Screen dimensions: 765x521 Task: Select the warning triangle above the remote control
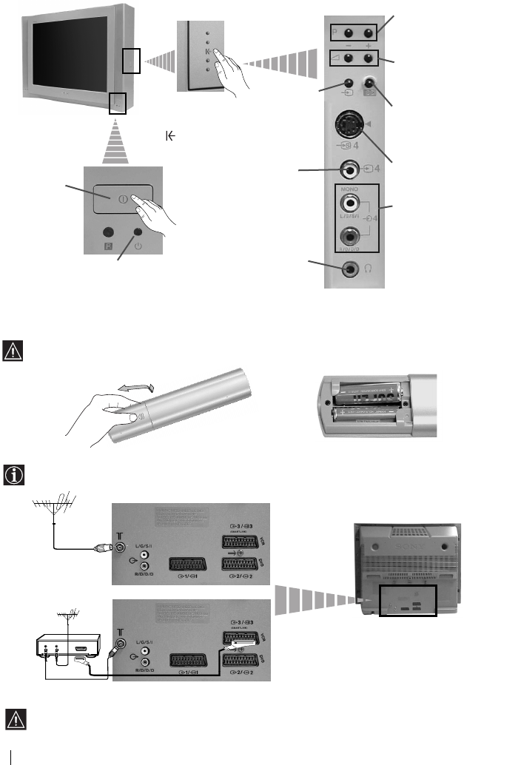13,348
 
